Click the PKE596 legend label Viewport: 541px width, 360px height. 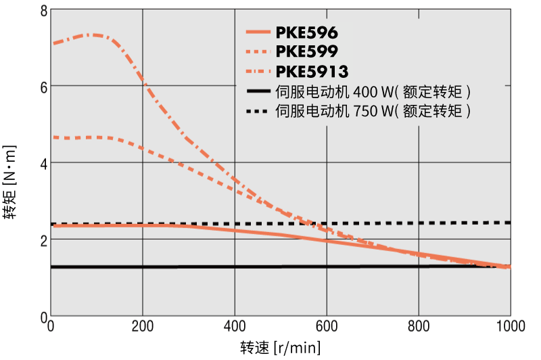(307, 32)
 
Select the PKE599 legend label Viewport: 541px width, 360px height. (307, 51)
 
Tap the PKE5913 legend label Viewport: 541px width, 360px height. (312, 70)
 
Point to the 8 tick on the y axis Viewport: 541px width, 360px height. (43, 10)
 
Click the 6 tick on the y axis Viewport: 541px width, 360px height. (43, 87)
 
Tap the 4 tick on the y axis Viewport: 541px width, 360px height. (43, 163)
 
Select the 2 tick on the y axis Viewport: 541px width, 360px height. (43, 240)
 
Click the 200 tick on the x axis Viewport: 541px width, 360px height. (142, 327)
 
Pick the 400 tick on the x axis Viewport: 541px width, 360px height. (234, 327)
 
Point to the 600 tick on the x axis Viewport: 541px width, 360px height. (326, 327)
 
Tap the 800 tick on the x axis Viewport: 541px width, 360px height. (418, 327)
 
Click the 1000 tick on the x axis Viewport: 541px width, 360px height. (509, 327)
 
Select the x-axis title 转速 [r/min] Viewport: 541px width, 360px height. (280, 348)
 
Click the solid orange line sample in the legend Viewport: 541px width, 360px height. (258, 32)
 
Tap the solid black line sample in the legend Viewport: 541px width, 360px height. (258, 90)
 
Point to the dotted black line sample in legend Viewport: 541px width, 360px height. (258, 110)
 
